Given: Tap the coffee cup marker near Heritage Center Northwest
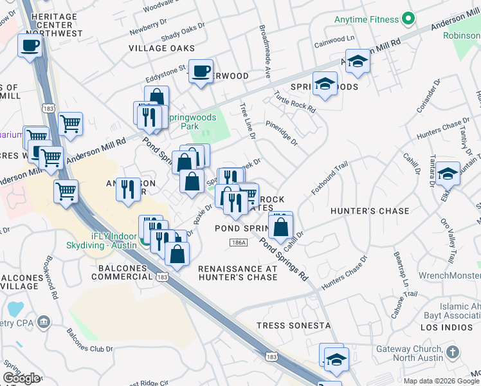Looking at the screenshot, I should click(30, 46).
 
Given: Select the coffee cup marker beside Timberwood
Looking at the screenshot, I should click(201, 70).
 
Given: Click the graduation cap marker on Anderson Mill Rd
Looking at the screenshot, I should click(358, 62).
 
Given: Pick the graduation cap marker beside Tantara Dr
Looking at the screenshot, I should click(448, 174).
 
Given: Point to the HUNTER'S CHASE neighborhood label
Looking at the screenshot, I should click(370, 211).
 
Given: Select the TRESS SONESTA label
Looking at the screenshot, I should click(293, 326).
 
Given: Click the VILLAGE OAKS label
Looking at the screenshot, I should click(156, 48).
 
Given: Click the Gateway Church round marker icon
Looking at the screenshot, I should click(453, 352).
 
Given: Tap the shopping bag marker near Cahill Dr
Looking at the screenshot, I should click(281, 226).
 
